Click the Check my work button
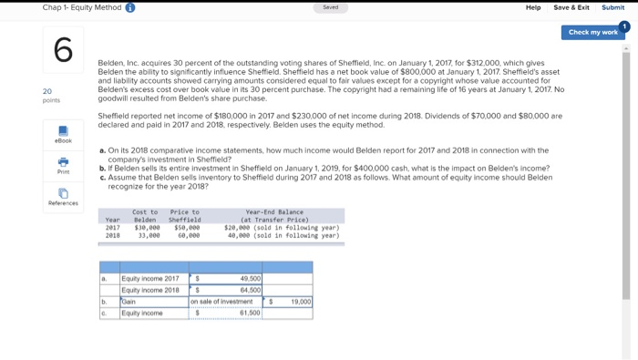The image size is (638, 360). tap(592, 32)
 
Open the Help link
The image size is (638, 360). tap(533, 7)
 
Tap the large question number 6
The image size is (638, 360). tap(63, 49)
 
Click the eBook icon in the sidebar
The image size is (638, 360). tap(63, 132)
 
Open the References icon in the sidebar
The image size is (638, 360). tap(63, 193)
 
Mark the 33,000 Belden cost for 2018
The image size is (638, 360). tap(147, 234)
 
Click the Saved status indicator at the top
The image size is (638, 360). tap(330, 7)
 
